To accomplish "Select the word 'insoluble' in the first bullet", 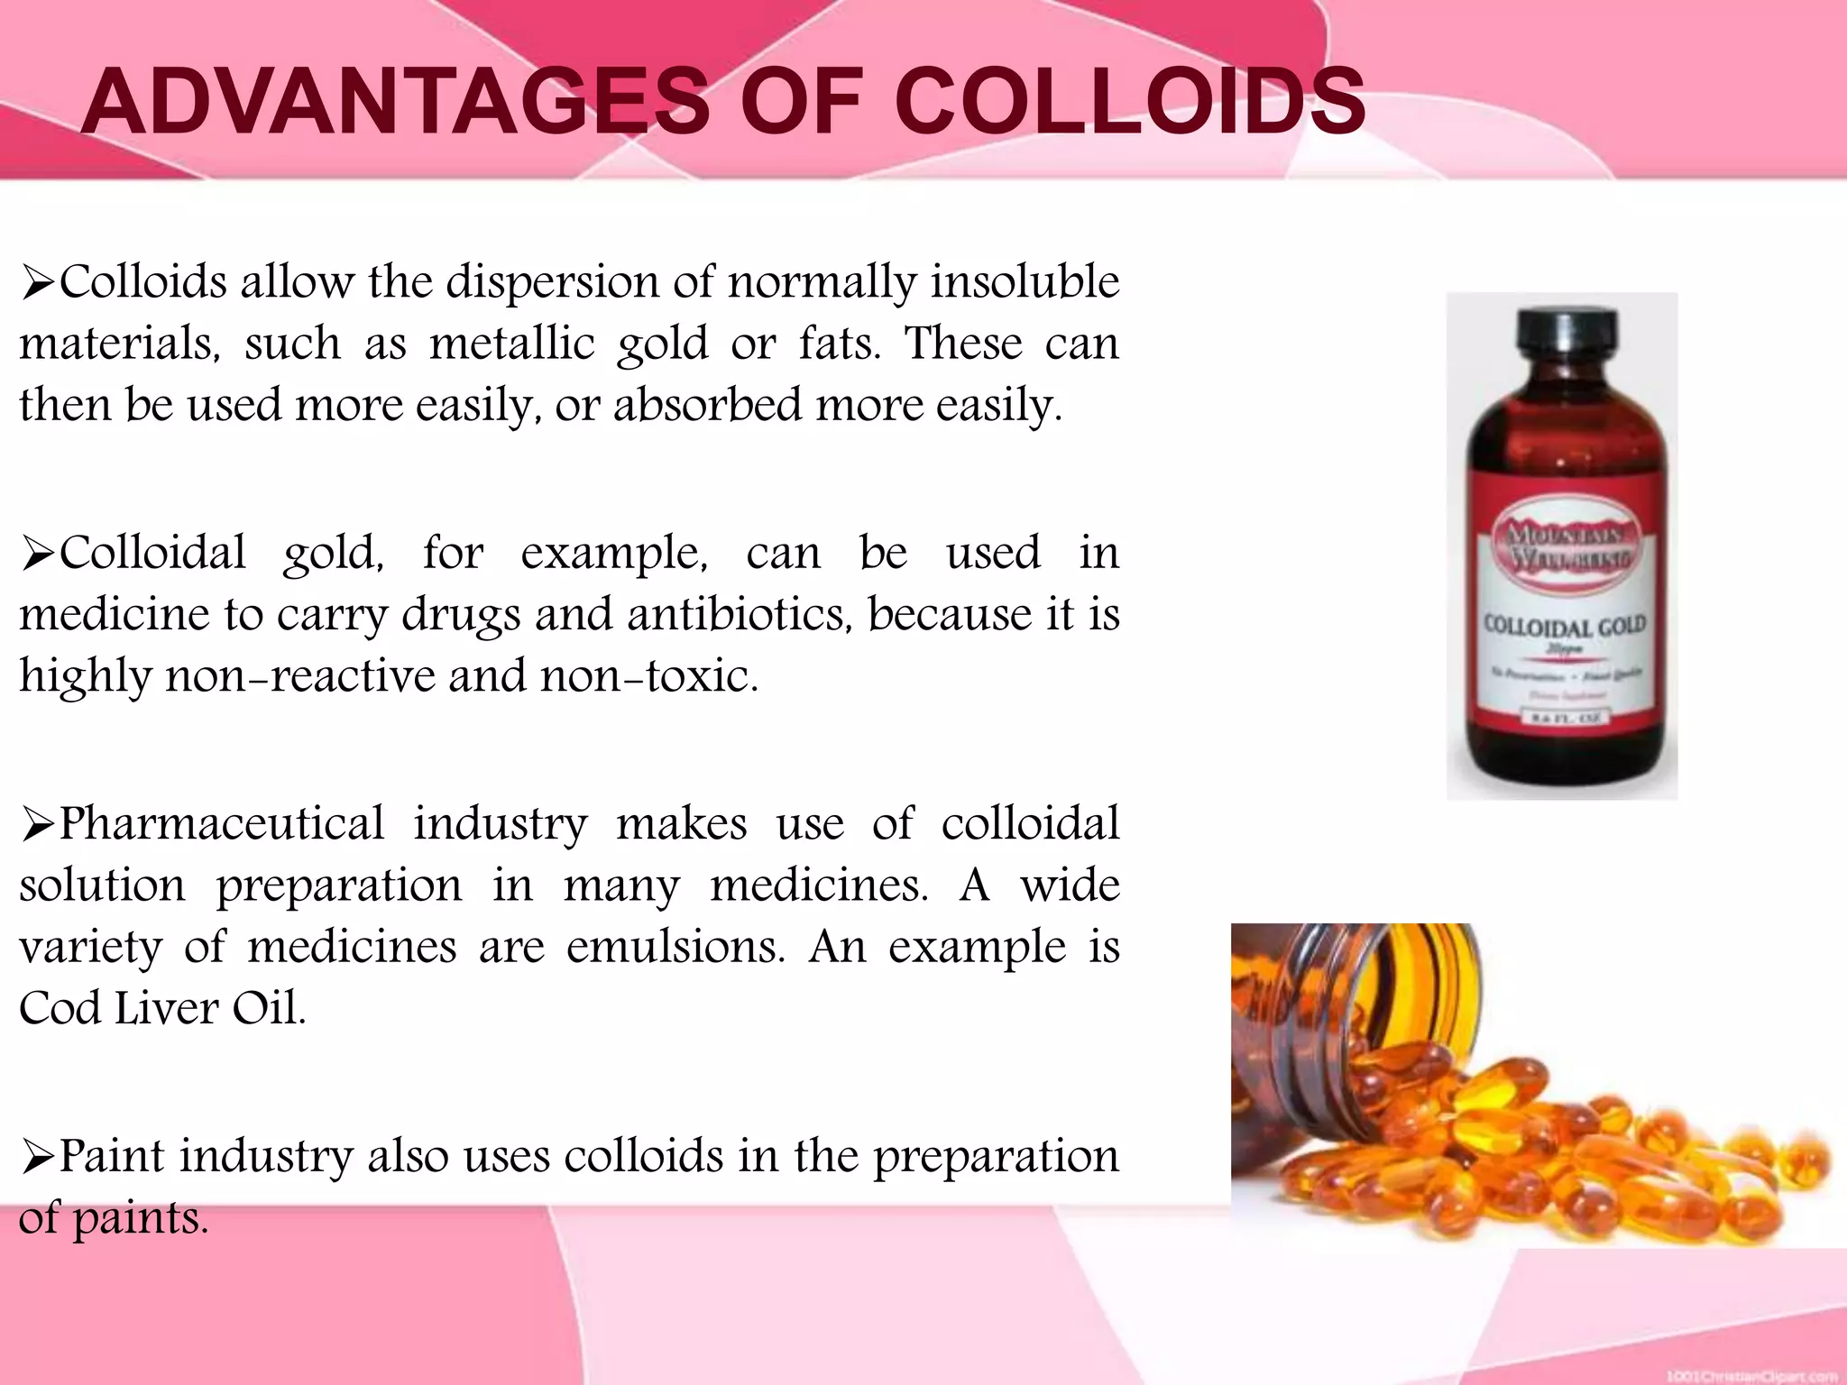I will click(1025, 281).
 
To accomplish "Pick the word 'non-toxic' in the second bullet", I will click(649, 676).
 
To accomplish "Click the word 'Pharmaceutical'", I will click(222, 823).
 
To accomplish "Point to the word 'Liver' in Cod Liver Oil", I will click(166, 1008).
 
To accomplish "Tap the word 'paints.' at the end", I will click(141, 1219).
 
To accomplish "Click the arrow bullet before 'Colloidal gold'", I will click(38, 555).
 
